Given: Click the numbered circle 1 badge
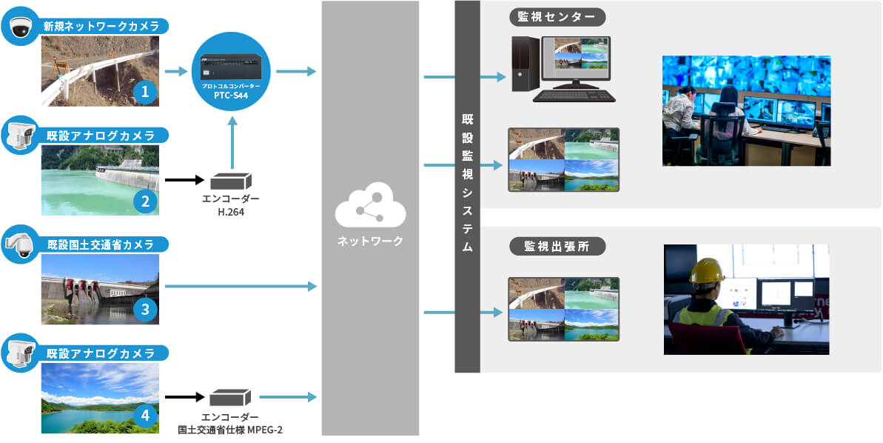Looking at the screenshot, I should click(x=145, y=92).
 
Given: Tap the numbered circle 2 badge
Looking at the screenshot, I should click(x=145, y=200).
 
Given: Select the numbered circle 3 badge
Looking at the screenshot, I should click(x=145, y=309).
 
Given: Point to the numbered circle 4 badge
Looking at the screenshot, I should click(x=145, y=416).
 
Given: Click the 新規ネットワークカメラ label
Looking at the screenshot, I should click(x=101, y=27).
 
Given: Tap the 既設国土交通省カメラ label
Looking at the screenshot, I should click(x=101, y=244).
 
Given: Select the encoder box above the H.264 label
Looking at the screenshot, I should click(x=231, y=181).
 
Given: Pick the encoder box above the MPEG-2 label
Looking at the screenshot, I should click(x=230, y=398).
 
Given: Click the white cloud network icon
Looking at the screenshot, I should click(x=370, y=210).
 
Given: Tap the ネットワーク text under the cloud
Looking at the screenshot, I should click(x=370, y=242).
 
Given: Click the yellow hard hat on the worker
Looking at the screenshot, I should click(x=706, y=271).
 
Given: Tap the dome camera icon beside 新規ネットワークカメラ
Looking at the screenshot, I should click(x=19, y=27).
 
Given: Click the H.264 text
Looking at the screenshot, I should click(x=230, y=212).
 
